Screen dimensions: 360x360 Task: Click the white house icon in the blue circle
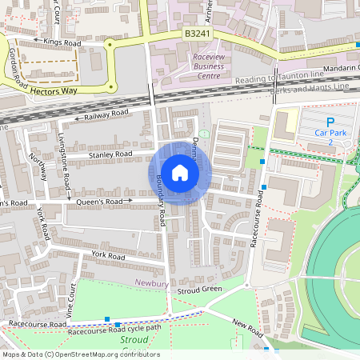pyautogui.click(x=180, y=173)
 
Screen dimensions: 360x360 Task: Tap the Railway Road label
pyautogui.click(x=106, y=115)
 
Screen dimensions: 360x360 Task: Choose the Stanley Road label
pyautogui.click(x=111, y=154)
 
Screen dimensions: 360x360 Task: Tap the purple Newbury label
pyautogui.click(x=150, y=283)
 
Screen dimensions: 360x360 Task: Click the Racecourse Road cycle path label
pyautogui.click(x=114, y=328)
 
